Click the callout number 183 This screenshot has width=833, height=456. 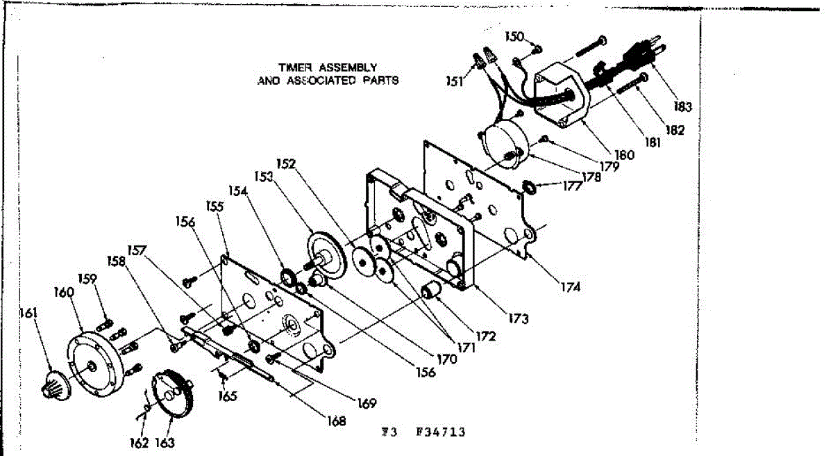(x=682, y=107)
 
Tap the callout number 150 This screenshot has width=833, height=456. (x=514, y=36)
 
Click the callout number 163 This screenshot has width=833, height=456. (x=165, y=443)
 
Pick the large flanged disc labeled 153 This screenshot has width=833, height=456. (x=326, y=257)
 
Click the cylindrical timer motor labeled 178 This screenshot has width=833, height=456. (x=504, y=147)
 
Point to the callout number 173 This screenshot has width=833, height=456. (x=518, y=319)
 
